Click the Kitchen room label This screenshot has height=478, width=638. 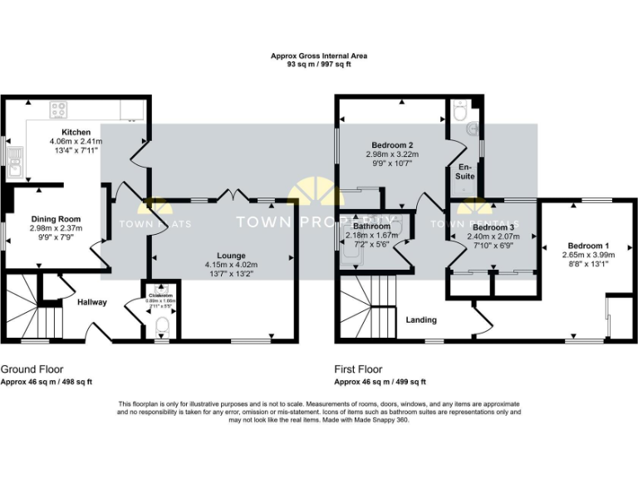point(76,132)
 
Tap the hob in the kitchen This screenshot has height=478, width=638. point(59,109)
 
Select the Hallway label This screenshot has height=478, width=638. point(92,302)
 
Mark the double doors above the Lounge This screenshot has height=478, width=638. point(232,196)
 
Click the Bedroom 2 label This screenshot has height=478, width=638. point(392,144)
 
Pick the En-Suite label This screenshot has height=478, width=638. point(467,172)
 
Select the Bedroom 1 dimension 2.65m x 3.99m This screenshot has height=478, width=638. point(587,255)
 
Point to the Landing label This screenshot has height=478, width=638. point(421,319)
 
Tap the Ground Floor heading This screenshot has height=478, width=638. point(32,369)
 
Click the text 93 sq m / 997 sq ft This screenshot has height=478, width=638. point(319,64)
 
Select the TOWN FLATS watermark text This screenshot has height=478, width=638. point(155,224)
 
